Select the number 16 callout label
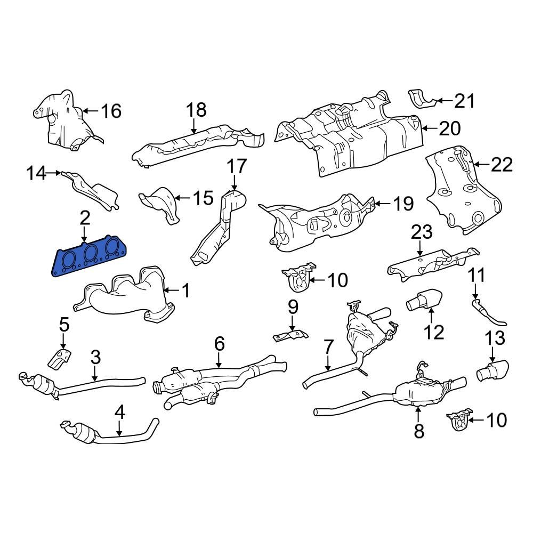[x=111, y=111]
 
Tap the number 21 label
[x=464, y=100]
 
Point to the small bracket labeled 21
[x=421, y=99]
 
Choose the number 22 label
[x=502, y=165]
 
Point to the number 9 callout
[x=293, y=308]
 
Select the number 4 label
[x=119, y=412]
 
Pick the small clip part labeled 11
[x=488, y=313]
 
